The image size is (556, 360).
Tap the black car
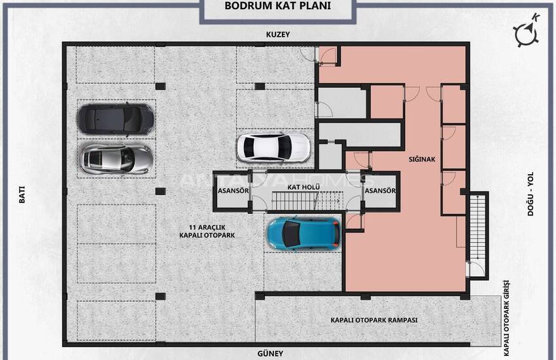click(x=116, y=118)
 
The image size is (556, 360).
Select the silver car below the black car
click(x=116, y=157)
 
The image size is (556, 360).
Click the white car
click(x=273, y=147)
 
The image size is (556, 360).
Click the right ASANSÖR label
click(x=381, y=191)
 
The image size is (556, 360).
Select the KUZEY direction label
click(x=277, y=35)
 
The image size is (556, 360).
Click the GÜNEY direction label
click(x=270, y=353)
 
